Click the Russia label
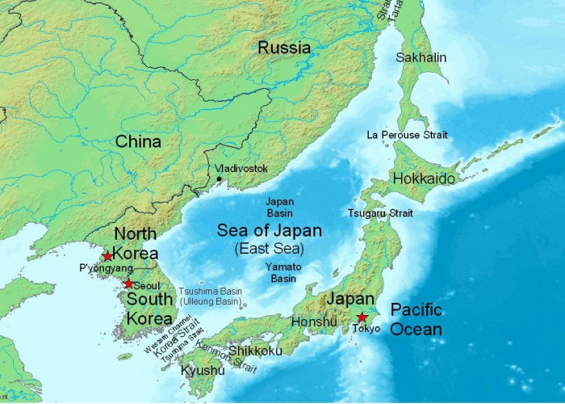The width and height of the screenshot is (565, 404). (x=284, y=48)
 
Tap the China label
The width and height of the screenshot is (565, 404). (x=138, y=142)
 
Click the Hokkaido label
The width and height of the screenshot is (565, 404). (x=424, y=179)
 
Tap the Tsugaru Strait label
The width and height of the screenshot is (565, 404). (x=380, y=213)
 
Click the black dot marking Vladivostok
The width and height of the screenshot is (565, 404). (x=219, y=179)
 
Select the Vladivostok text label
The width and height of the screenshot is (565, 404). (x=242, y=169)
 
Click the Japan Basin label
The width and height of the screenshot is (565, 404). (x=280, y=207)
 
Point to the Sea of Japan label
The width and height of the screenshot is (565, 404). (x=270, y=230)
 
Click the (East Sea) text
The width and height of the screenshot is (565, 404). (x=270, y=249)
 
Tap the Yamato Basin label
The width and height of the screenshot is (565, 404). (x=283, y=272)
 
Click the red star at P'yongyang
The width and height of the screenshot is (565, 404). (x=107, y=256)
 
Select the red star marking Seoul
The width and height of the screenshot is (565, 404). (x=128, y=284)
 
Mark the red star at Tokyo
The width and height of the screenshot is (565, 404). (x=362, y=318)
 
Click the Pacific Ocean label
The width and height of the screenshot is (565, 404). (x=416, y=319)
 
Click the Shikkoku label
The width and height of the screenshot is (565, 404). (x=255, y=351)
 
